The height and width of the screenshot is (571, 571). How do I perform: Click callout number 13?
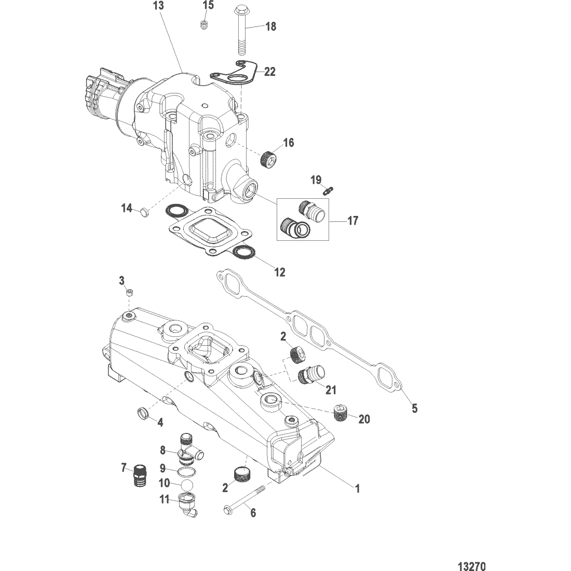pos(159,6)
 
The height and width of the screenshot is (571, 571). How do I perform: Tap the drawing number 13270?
pos(471,566)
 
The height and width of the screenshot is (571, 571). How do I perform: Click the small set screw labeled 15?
pos(204,25)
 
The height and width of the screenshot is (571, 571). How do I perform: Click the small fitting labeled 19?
pos(329,189)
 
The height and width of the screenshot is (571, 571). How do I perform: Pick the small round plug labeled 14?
pos(145,211)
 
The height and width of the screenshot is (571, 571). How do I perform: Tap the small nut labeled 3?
pos(129,292)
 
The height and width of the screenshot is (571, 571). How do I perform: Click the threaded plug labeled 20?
pos(341,414)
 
